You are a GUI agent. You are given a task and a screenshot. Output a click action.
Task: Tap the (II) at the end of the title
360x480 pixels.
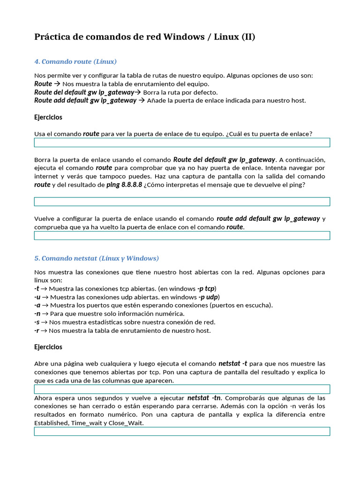248,37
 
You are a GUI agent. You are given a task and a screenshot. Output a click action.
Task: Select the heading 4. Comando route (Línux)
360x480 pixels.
75,61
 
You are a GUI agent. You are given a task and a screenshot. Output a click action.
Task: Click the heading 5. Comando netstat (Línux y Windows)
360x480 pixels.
97,258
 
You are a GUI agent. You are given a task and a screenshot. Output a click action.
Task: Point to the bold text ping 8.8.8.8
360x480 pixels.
124,185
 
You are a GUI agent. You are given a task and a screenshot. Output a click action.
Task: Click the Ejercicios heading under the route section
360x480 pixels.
48,117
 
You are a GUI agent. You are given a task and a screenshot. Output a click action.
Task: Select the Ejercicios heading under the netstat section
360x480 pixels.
48,347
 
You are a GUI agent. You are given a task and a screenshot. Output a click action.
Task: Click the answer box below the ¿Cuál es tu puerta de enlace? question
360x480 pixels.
182,142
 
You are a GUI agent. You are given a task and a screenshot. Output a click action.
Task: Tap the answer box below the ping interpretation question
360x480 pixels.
182,202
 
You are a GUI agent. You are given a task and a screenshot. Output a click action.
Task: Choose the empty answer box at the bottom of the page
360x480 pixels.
182,431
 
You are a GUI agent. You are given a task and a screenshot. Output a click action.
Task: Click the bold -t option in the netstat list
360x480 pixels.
37,288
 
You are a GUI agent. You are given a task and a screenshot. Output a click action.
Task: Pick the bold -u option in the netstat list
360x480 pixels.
37,297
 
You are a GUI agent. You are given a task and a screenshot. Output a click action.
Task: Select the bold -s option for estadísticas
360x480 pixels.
37,322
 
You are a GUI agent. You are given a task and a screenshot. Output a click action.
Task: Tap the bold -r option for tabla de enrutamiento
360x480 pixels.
37,330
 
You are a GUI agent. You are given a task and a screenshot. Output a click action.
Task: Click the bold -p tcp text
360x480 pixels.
206,288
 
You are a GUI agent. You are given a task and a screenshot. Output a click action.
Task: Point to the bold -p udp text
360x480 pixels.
208,297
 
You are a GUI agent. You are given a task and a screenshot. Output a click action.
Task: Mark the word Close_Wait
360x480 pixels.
126,423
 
